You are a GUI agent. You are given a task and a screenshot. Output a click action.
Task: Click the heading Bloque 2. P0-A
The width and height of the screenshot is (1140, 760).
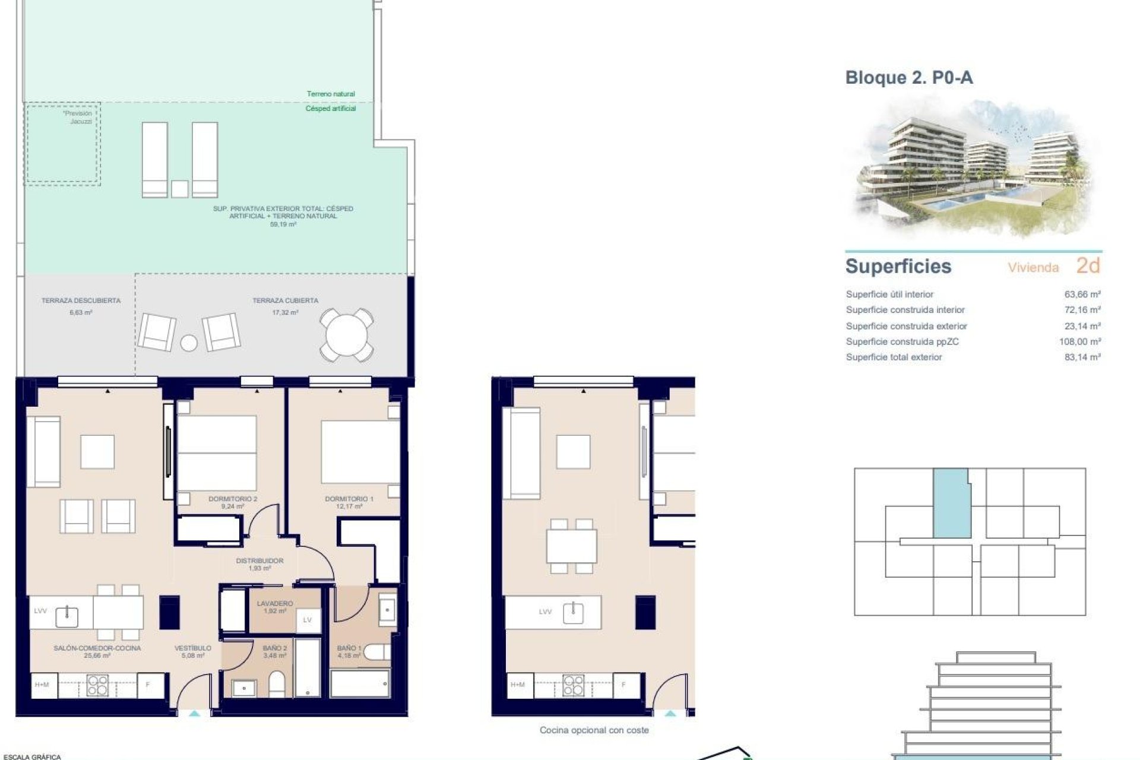908,78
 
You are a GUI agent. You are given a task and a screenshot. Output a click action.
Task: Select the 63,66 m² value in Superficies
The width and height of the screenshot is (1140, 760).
1082,294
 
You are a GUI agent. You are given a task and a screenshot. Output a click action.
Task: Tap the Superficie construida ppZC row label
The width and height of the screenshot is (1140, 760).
902,341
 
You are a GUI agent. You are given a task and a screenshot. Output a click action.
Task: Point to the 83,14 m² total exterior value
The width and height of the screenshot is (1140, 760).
1082,357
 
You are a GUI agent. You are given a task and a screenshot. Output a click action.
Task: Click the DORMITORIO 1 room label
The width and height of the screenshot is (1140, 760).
349,499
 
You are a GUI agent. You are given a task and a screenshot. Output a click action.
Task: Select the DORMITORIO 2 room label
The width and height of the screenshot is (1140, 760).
233,499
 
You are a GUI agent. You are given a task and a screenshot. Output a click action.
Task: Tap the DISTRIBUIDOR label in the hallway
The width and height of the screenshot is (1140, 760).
259,560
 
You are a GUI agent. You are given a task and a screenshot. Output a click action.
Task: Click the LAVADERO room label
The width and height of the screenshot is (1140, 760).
275,603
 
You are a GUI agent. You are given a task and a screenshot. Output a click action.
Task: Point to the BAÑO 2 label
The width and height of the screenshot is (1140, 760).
275,648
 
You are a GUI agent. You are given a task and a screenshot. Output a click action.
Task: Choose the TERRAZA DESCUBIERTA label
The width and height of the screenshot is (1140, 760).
81,301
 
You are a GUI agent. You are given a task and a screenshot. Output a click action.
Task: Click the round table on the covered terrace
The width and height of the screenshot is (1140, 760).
347,335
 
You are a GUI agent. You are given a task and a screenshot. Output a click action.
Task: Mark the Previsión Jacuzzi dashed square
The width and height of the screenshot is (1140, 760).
62,144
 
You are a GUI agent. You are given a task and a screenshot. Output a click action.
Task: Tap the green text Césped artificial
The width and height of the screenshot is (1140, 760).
331,109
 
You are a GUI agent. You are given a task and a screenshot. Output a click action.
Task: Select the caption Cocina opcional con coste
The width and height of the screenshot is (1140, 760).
594,730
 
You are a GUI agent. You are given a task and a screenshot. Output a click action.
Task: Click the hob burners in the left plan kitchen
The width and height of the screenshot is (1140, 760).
97,685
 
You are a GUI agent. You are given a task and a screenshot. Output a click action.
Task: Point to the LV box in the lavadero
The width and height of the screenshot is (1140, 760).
308,620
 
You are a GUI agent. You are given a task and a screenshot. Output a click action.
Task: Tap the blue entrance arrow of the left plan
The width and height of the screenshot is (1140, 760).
195,714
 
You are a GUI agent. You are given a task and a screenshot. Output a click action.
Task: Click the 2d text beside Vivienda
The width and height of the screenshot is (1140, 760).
1088,266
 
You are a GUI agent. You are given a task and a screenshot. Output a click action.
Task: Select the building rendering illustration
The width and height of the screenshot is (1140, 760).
974,169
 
